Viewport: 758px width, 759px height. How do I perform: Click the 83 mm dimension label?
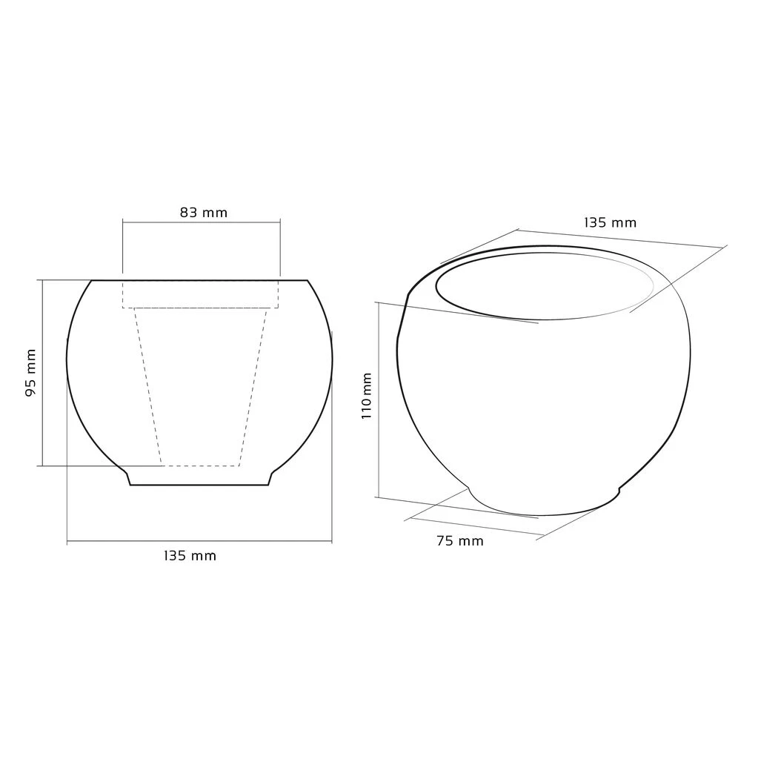[203, 213]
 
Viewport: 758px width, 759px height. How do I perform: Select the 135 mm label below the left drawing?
[190, 556]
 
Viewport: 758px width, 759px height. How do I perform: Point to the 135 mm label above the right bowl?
[610, 222]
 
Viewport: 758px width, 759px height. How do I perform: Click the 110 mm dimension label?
[367, 396]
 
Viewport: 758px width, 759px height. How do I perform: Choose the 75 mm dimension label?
[460, 540]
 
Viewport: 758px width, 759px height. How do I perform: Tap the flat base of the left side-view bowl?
[199, 485]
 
